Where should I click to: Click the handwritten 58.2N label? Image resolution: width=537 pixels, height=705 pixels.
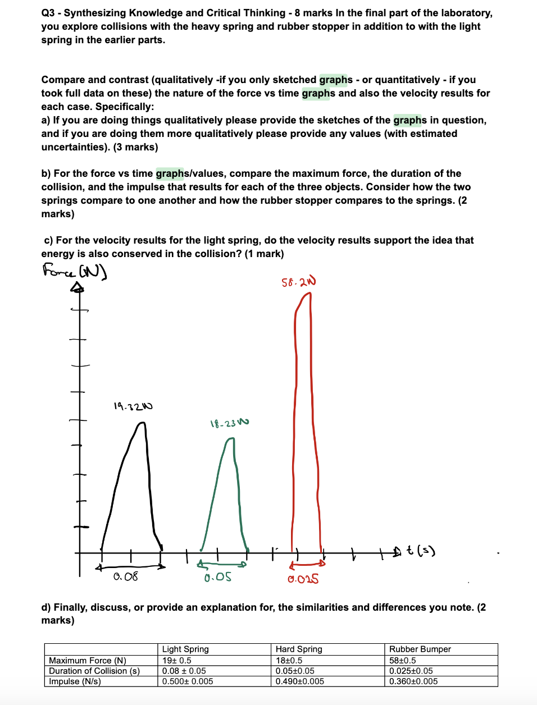tap(298, 282)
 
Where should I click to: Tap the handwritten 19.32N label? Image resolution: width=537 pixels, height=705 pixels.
tap(133, 406)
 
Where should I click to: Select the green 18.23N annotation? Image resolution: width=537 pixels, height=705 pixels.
tap(229, 423)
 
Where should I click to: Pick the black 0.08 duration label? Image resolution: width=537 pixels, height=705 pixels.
tap(125, 576)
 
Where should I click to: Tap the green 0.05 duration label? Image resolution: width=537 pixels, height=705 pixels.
tap(217, 577)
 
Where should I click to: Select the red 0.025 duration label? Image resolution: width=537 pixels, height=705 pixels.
tap(303, 579)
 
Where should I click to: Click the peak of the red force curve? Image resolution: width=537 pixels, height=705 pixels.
tap(307, 294)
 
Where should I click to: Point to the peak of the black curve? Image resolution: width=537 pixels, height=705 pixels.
tap(142, 423)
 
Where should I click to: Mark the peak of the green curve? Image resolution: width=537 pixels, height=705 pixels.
tap(230, 439)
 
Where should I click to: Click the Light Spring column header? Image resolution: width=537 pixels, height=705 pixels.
tap(185, 649)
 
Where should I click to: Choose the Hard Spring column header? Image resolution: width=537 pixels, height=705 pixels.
tap(299, 649)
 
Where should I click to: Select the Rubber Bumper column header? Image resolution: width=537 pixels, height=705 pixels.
tap(420, 649)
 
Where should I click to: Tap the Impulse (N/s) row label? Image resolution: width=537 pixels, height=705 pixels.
tap(75, 681)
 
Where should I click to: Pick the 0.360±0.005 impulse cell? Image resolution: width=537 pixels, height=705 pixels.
tap(413, 681)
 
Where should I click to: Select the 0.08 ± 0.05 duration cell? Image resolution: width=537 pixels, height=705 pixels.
tap(184, 671)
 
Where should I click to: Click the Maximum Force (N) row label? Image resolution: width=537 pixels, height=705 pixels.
tap(88, 661)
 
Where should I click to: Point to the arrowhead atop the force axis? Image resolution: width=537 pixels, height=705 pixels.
tap(78, 288)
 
